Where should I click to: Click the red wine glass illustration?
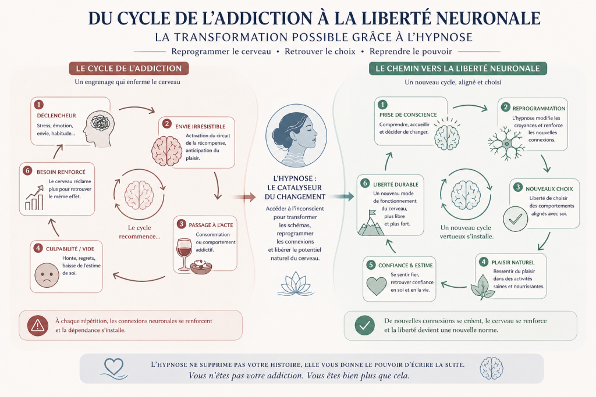[x=185, y=254]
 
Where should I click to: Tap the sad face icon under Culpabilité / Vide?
[x=47, y=275]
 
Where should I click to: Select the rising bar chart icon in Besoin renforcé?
[x=34, y=198]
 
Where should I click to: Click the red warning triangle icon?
[x=38, y=326]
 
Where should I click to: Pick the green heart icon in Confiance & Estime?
[x=377, y=286]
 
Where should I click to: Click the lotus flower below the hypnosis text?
[x=296, y=284]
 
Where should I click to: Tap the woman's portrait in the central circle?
[x=296, y=136]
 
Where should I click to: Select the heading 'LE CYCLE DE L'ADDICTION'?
[x=129, y=69]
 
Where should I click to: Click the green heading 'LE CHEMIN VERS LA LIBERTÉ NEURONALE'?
[x=457, y=69]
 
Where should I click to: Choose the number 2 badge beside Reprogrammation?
[x=505, y=107]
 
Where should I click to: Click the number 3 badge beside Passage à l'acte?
[x=182, y=224]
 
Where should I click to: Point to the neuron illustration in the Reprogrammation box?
[x=507, y=144]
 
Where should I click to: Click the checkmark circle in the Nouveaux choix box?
[x=516, y=219]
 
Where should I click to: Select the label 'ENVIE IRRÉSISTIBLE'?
[x=200, y=126]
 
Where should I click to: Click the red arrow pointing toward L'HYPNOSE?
[x=244, y=197]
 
